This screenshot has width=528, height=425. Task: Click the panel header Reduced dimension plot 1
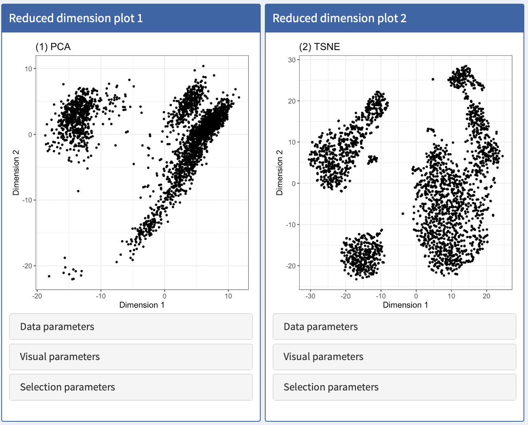click(x=76, y=18)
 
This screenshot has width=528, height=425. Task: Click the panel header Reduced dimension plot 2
click(x=339, y=18)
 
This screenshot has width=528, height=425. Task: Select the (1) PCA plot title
click(x=53, y=47)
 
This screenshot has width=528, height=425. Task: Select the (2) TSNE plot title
click(x=320, y=47)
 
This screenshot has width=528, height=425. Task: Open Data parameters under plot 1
click(x=131, y=327)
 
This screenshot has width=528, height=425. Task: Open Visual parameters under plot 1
click(x=131, y=357)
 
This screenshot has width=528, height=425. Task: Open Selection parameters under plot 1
click(x=131, y=387)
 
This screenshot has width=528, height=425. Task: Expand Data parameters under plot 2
click(x=394, y=327)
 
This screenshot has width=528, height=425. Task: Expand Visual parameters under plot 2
click(x=394, y=357)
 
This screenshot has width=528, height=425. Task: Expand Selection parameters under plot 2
click(x=394, y=387)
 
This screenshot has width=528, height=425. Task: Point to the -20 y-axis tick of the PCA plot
click(x=27, y=266)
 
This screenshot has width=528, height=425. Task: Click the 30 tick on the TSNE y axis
click(x=292, y=60)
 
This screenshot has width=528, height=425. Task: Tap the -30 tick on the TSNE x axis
click(x=310, y=296)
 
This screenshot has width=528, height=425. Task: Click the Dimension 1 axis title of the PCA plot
click(x=142, y=305)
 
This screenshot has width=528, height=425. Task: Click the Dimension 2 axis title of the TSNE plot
click(x=280, y=173)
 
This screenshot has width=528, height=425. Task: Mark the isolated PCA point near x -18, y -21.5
click(x=49, y=276)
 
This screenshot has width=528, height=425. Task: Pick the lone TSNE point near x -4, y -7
click(x=402, y=213)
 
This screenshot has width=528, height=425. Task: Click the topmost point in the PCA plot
click(x=203, y=66)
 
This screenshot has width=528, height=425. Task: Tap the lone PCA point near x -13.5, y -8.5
click(x=78, y=191)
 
